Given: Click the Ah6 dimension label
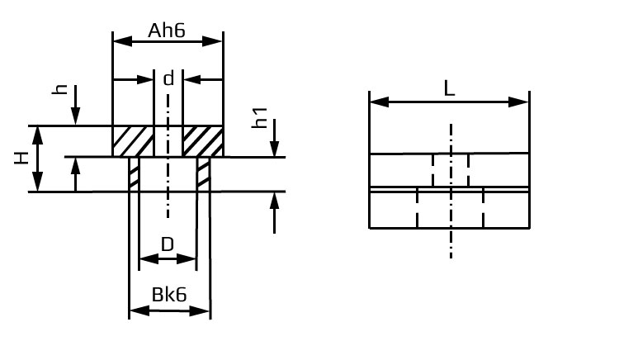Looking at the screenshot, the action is pyautogui.click(x=167, y=31).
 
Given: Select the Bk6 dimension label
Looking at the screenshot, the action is pyautogui.click(x=169, y=295).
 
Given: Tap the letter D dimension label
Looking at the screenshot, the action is pyautogui.click(x=168, y=244).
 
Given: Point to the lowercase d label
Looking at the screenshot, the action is pyautogui.click(x=168, y=78).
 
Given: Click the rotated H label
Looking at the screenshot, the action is pyautogui.click(x=21, y=158).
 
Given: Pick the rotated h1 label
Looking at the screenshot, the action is pyautogui.click(x=260, y=118).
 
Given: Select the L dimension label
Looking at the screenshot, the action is pyautogui.click(x=449, y=89).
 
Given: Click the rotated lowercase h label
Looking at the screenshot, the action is pyautogui.click(x=60, y=89).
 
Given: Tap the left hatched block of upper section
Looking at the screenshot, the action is pyautogui.click(x=133, y=141).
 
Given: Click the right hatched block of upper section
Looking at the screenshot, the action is pyautogui.click(x=203, y=141).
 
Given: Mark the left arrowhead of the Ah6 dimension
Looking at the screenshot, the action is pyautogui.click(x=122, y=41).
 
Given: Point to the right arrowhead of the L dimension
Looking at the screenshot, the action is pyautogui.click(x=519, y=102).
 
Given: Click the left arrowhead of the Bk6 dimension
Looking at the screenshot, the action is pyautogui.click(x=139, y=311).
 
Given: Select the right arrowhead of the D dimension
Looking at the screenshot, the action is pyautogui.click(x=187, y=259).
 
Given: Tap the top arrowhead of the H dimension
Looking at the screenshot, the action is pyautogui.click(x=37, y=135).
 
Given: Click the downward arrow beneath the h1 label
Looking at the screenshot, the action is pyautogui.click(x=274, y=138).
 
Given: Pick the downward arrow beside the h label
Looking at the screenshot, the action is pyautogui.click(x=75, y=105).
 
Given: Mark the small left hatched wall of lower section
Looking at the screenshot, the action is pyautogui.click(x=135, y=173).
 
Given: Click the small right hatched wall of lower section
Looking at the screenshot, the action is pyautogui.click(x=203, y=173).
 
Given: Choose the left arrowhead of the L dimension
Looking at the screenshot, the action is pyautogui.click(x=380, y=102).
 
